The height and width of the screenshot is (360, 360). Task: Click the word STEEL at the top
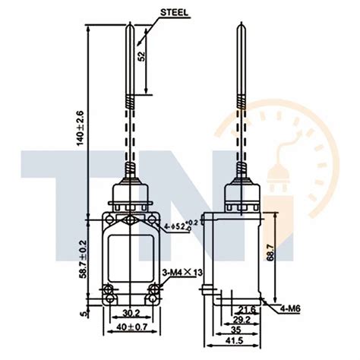173,11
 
